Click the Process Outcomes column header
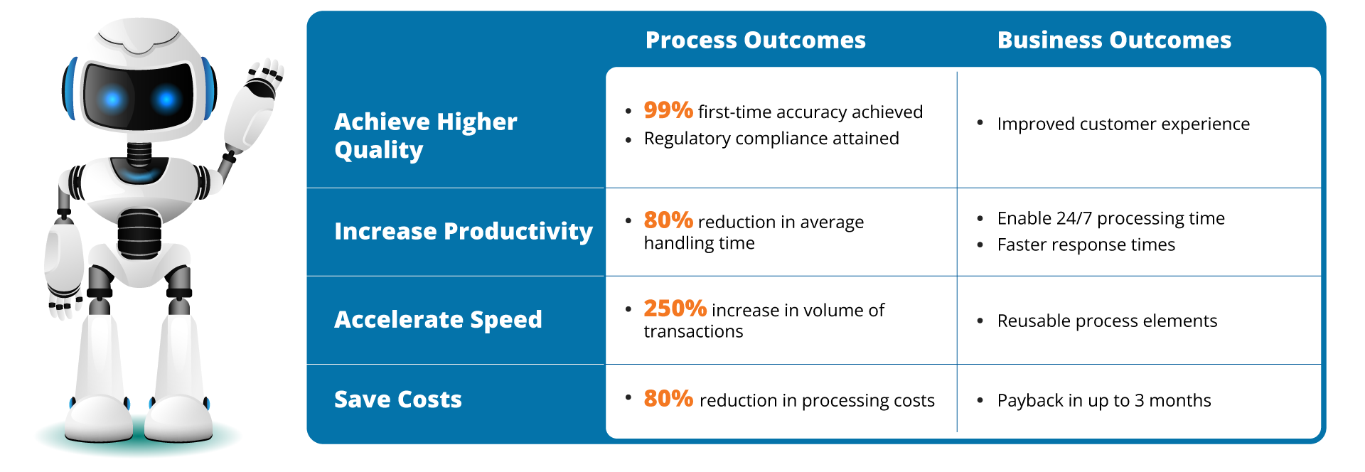[x=755, y=41]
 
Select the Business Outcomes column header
[x=1114, y=41]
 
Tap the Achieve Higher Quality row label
[x=425, y=135]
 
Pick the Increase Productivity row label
[x=463, y=232]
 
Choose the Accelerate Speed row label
[x=438, y=320]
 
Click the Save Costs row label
[x=398, y=399]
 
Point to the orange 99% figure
[x=668, y=110]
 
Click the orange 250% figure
[x=675, y=309]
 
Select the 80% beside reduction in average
[x=668, y=220]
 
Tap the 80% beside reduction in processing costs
[x=668, y=399]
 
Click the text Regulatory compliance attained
[x=771, y=139]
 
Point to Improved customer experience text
[x=1123, y=124]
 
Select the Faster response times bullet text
[x=1086, y=245]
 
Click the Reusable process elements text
[x=1107, y=321]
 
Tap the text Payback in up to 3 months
[x=1104, y=401]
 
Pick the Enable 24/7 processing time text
[x=1110, y=218]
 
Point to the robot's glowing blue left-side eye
[x=112, y=100]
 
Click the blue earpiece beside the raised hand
[x=207, y=89]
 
